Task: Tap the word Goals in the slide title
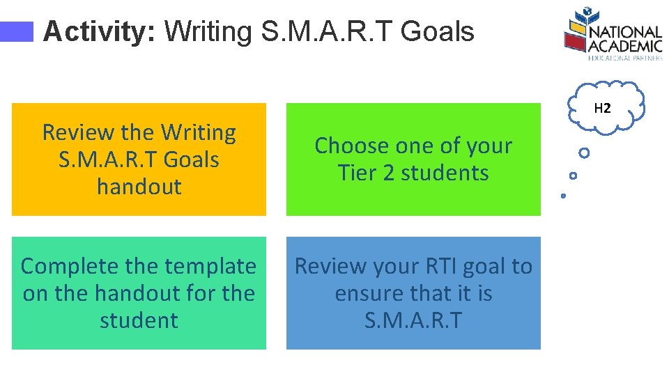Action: point(438,32)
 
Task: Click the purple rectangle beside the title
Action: point(17,32)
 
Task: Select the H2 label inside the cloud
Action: point(602,109)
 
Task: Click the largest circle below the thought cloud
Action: point(584,152)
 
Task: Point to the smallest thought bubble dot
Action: point(563,196)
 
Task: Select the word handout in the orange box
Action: point(139,187)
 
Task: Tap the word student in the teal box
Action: point(139,320)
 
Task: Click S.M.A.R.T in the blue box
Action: point(413,320)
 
